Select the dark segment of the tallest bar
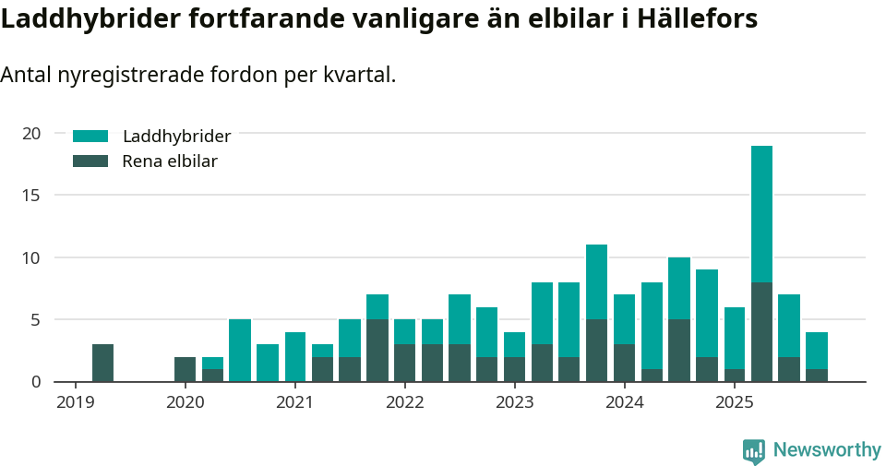(761, 332)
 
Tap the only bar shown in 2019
(102, 363)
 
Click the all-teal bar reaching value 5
(240, 351)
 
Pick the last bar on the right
(817, 356)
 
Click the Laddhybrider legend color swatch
(90, 137)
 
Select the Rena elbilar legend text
(170, 161)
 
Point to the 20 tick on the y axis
(31, 134)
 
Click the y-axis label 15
(31, 196)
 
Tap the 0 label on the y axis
(36, 382)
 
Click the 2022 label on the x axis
(404, 402)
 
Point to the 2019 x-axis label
(75, 402)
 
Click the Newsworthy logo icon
(754, 450)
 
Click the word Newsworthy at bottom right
(827, 450)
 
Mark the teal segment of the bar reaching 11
(597, 281)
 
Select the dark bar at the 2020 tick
(185, 369)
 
